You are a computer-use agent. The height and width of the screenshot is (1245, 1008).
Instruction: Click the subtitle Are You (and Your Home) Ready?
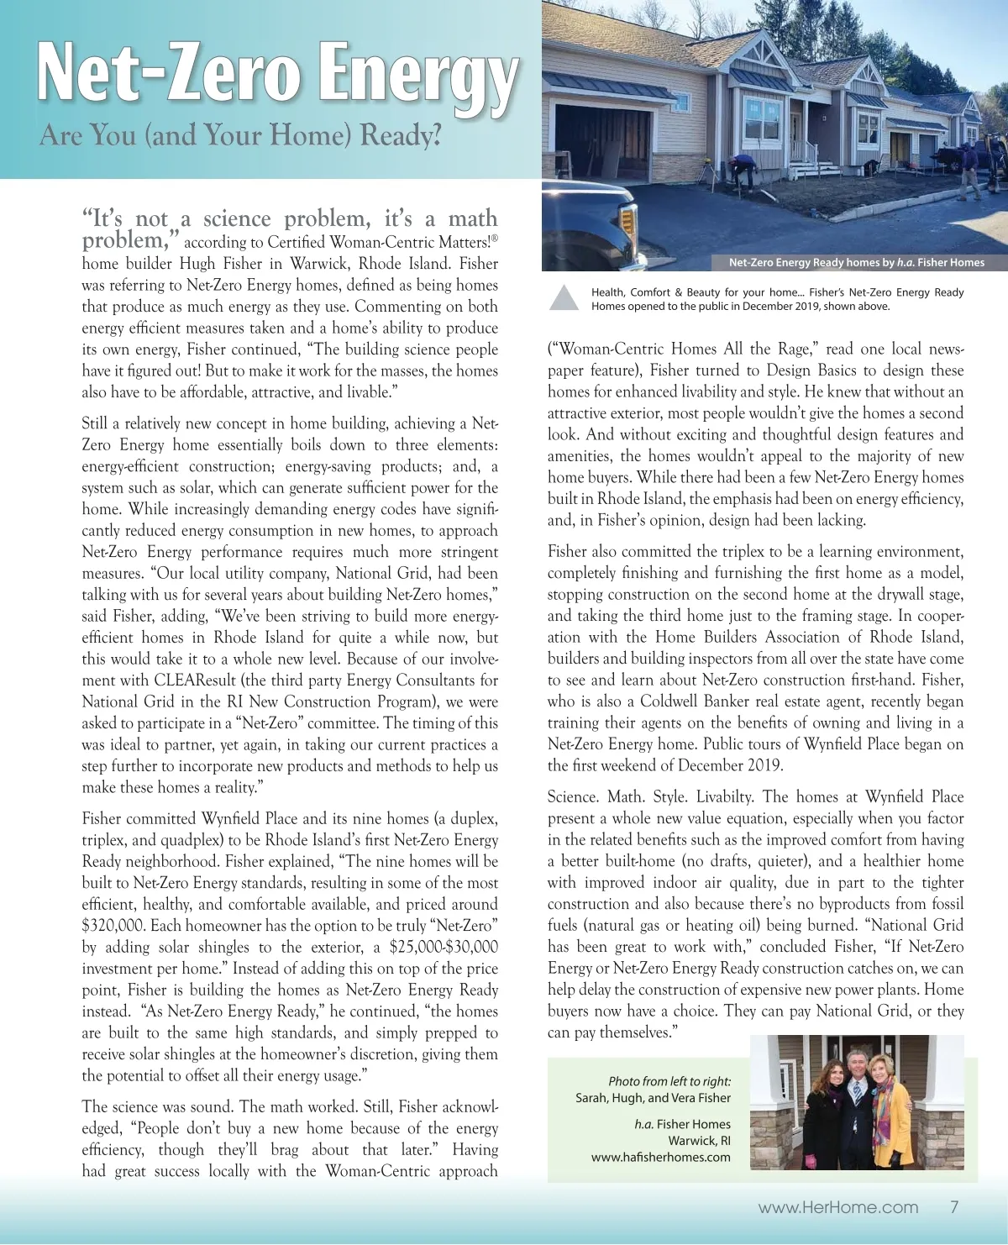(x=240, y=134)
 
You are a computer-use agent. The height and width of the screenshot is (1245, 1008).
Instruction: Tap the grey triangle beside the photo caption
(x=564, y=298)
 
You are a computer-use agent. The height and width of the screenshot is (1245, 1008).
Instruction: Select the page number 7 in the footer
(x=954, y=1207)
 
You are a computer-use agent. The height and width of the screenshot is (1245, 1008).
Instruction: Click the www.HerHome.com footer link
(x=837, y=1207)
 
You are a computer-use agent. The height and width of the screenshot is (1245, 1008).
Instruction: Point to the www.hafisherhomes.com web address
(x=660, y=1157)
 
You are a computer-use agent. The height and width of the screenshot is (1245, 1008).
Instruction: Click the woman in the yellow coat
(x=888, y=1109)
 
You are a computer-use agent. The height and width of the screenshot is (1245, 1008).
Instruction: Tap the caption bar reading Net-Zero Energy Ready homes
(x=856, y=262)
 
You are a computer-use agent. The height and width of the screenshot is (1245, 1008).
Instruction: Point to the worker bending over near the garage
(x=741, y=171)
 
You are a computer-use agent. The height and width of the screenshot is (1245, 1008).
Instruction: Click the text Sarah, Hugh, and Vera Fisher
(x=653, y=1097)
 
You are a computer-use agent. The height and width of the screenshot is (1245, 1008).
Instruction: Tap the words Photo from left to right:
(x=669, y=1081)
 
